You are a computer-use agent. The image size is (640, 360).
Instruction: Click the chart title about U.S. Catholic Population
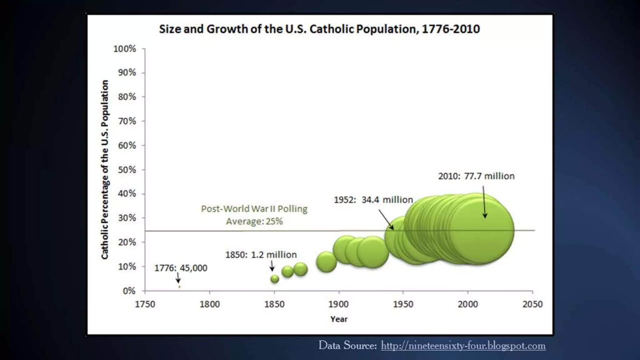[319, 29]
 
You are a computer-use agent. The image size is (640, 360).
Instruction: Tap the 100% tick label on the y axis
[125, 49]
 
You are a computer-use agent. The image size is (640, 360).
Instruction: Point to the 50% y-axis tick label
[127, 170]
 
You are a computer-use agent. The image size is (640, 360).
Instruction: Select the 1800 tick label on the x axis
[210, 304]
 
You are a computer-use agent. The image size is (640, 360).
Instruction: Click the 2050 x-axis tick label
[532, 304]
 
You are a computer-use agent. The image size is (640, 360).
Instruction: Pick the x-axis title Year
[339, 319]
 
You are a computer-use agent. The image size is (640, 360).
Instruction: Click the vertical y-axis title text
[105, 169]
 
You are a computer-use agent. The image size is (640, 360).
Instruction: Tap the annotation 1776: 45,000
[181, 268]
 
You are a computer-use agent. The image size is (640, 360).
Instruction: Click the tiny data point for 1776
[179, 287]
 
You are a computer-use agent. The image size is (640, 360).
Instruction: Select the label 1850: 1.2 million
[261, 255]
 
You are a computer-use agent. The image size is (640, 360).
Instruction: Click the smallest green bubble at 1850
[275, 279]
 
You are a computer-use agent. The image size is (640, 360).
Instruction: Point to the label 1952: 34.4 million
[373, 200]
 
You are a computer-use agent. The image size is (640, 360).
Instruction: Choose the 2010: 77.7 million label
[476, 176]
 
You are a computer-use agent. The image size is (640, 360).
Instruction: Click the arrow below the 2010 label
[484, 202]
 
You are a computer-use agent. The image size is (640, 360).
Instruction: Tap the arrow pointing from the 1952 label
[386, 220]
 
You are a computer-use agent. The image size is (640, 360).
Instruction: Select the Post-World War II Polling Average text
[254, 215]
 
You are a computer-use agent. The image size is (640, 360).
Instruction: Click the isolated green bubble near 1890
[326, 262]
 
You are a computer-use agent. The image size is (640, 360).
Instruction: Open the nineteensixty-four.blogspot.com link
[463, 346]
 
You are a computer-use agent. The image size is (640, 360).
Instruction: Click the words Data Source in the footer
[347, 346]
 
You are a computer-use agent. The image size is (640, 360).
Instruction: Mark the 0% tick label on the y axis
[129, 291]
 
